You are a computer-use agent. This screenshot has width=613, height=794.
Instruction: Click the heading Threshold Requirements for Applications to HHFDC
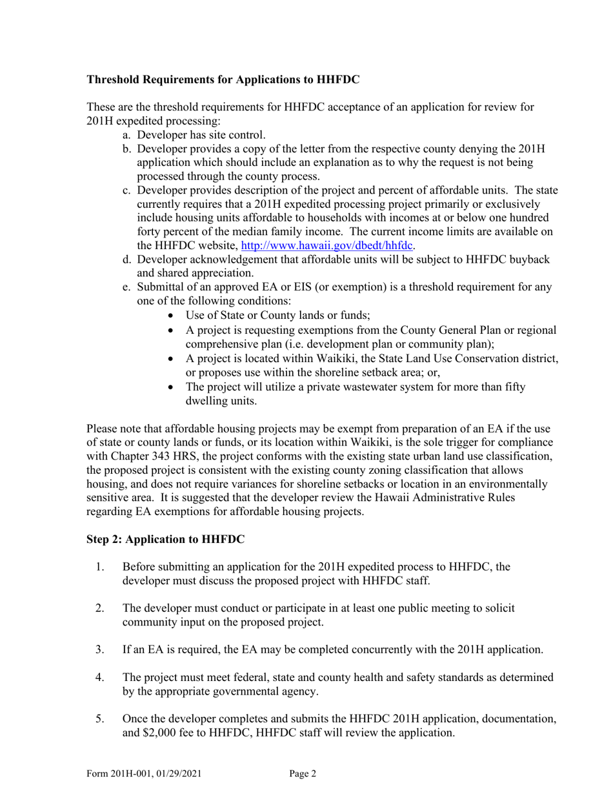223,80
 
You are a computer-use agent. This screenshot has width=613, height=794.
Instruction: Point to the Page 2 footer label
303,774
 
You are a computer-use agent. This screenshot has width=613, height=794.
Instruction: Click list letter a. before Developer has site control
127,135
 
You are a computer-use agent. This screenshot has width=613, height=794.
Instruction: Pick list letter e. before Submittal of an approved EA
127,287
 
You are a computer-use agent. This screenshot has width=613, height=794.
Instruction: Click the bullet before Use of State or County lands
170,316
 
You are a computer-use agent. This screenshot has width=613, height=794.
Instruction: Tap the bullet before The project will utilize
170,387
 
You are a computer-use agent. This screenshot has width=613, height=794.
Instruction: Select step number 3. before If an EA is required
100,649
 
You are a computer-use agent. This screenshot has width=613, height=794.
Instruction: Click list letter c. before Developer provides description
127,190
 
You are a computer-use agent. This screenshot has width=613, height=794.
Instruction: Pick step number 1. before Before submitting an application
100,567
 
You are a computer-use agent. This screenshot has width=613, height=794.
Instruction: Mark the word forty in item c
150,232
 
